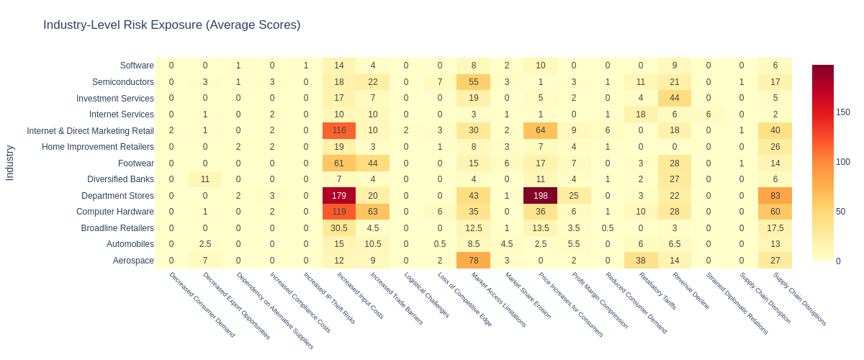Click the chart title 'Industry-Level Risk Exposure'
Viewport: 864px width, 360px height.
pos(171,25)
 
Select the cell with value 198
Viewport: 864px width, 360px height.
pos(541,196)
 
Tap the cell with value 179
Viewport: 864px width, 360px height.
pos(339,196)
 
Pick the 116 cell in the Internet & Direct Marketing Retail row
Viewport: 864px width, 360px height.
pos(339,130)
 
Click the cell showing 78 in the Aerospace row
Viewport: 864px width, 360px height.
pos(473,261)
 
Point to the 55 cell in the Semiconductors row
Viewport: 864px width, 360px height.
pos(473,81)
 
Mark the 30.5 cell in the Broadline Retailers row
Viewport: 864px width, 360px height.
pos(339,228)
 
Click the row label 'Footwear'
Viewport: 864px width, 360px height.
pos(135,163)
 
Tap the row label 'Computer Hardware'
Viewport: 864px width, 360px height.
pos(115,212)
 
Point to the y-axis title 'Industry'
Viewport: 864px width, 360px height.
pos(10,163)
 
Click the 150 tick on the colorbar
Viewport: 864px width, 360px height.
pos(843,112)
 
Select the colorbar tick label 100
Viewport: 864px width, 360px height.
pos(843,162)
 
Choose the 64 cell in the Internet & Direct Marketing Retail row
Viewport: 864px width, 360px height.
pos(541,130)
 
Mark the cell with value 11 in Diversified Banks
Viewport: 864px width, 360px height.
pos(205,179)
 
